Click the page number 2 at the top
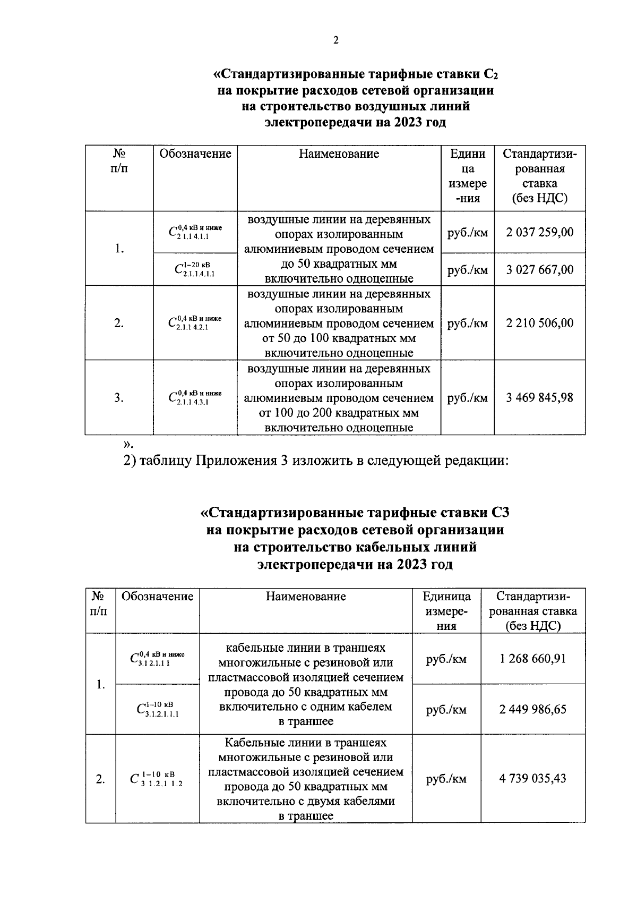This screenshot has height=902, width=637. [335, 40]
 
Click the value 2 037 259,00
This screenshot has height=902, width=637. [539, 232]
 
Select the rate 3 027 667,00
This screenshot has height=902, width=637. [539, 269]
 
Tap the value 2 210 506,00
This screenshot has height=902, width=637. [539, 323]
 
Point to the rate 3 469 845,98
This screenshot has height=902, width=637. [539, 397]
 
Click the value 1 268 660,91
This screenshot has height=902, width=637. [532, 658]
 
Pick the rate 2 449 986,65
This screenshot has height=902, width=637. [532, 709]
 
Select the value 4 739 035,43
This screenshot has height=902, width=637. [532, 778]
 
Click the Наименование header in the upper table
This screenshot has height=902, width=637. [339, 154]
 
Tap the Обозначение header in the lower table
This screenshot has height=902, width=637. [157, 596]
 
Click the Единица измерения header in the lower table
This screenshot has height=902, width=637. [446, 611]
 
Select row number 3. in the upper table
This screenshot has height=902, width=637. [119, 397]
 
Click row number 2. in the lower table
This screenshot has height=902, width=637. [100, 779]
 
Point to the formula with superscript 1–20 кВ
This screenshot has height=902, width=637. [195, 269]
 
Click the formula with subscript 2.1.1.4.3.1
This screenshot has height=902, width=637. [195, 397]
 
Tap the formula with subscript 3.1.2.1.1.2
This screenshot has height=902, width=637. [157, 779]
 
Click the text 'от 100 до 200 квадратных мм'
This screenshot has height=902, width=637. [339, 413]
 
